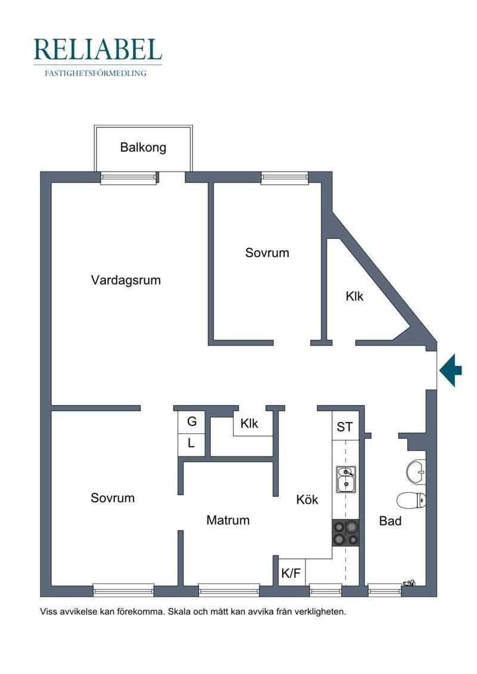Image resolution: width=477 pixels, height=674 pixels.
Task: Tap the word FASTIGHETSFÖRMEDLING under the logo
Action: (x=95, y=73)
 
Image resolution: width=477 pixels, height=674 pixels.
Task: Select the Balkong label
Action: (x=143, y=147)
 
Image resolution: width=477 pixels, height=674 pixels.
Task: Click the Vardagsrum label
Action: (x=126, y=280)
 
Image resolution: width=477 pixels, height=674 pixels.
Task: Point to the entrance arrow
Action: (x=451, y=370)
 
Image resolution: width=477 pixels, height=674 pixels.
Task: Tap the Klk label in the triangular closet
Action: (x=354, y=296)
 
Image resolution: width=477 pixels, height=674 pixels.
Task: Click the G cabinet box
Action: (x=191, y=422)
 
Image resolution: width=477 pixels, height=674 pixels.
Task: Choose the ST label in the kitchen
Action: (x=345, y=427)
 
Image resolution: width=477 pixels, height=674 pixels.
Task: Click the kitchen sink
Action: (x=346, y=479)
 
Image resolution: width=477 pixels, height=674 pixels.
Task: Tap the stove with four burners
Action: (x=345, y=533)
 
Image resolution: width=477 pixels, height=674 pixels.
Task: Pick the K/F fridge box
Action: (x=291, y=573)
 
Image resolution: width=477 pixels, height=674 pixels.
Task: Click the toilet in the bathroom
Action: (x=411, y=501)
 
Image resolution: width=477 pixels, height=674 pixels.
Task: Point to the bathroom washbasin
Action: (x=416, y=471)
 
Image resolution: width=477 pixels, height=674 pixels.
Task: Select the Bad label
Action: (x=390, y=521)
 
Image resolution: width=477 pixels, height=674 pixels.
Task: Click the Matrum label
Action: (x=228, y=520)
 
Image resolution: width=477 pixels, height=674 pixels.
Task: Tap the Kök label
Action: (x=307, y=499)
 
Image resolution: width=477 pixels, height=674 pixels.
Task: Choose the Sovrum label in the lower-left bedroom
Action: (x=113, y=498)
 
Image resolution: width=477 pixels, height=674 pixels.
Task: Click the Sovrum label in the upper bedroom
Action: (x=267, y=252)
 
